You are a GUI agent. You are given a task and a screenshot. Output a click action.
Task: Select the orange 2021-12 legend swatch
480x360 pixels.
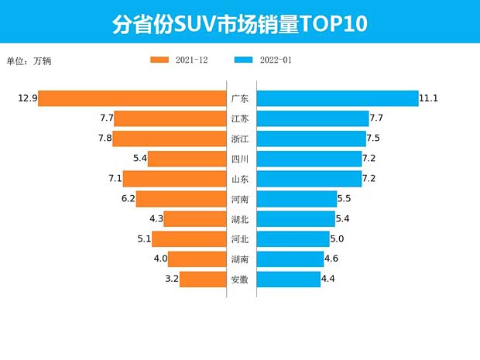click(159, 60)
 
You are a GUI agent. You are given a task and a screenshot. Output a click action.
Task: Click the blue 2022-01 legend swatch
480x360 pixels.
click(243, 60)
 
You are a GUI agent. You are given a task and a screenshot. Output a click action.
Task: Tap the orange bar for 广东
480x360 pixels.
click(132, 98)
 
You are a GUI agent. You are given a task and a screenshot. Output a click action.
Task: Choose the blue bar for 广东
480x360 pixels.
click(337, 98)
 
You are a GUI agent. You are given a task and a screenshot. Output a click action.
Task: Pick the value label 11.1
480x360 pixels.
click(429, 98)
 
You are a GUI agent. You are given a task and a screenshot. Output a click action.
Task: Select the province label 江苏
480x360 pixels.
click(240, 118)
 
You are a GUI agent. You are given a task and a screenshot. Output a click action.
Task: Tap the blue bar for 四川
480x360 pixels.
click(309, 159)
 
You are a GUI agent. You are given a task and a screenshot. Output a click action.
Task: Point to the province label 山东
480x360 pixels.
click(240, 179)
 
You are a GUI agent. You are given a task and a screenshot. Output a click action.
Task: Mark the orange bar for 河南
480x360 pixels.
click(181, 199)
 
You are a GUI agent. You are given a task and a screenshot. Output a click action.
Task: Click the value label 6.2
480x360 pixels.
click(129, 199)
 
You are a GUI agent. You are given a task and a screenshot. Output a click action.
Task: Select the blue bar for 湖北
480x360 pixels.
click(296, 219)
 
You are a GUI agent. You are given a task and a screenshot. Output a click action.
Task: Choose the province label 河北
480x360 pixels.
click(240, 239)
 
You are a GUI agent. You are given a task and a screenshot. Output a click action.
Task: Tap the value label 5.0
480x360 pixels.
click(338, 239)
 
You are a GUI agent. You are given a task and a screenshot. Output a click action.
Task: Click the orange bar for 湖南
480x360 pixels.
click(197, 259)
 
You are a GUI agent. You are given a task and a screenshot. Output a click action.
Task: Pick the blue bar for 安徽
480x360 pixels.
click(288, 279)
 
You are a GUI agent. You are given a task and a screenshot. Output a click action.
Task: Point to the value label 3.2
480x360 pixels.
click(172, 279)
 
